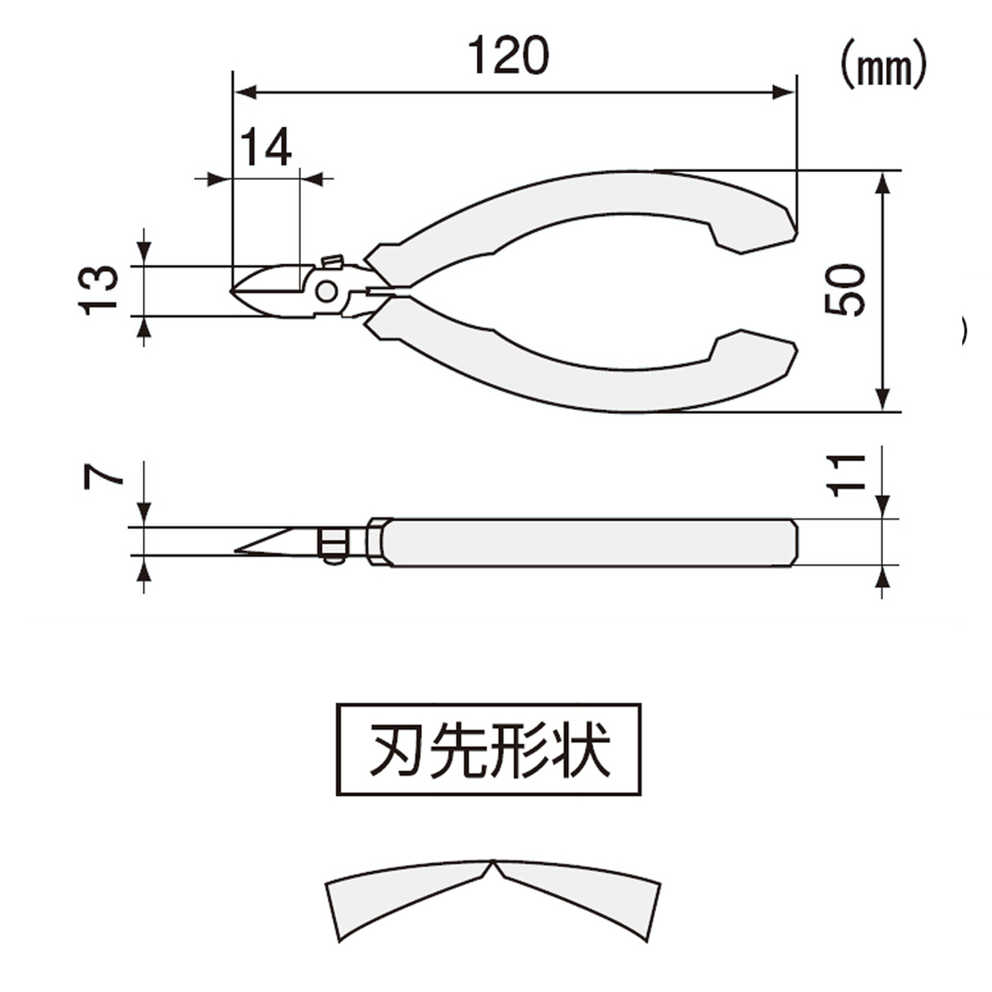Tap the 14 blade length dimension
click(x=265, y=147)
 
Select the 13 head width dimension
click(x=99, y=290)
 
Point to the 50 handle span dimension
click(x=845, y=290)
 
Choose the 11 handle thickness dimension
click(x=847, y=475)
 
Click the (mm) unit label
click(x=884, y=68)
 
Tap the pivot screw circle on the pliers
click(x=326, y=291)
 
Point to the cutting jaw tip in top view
click(x=231, y=290)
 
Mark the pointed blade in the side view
click(x=271, y=542)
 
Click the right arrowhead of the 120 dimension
click(x=784, y=93)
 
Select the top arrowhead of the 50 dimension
click(x=882, y=183)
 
